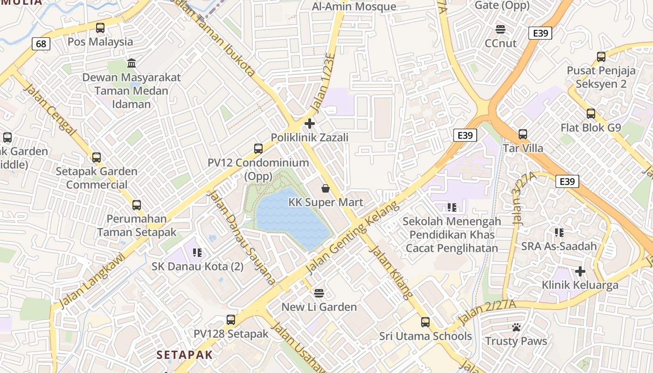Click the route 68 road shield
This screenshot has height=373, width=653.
[x=41, y=44]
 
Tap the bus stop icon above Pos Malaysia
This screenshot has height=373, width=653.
[x=100, y=28]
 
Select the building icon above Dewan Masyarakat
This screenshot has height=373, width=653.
[x=132, y=63]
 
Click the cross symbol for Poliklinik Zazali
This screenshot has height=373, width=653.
[x=309, y=124]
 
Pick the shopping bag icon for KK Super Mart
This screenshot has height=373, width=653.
[x=326, y=188]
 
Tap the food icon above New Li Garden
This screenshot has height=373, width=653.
[x=319, y=293]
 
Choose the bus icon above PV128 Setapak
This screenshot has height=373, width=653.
[x=231, y=320]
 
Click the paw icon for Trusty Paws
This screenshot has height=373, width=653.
[x=516, y=327]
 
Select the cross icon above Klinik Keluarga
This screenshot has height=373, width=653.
[x=580, y=271]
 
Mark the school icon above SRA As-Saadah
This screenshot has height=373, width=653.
[x=559, y=232]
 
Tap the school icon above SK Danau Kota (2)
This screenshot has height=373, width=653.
[x=197, y=253]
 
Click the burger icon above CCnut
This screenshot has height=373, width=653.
[x=501, y=29]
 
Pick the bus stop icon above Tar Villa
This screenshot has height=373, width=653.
[x=523, y=134]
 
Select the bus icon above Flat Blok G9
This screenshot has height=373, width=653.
[x=591, y=114]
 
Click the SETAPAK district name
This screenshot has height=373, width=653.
[x=184, y=355]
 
